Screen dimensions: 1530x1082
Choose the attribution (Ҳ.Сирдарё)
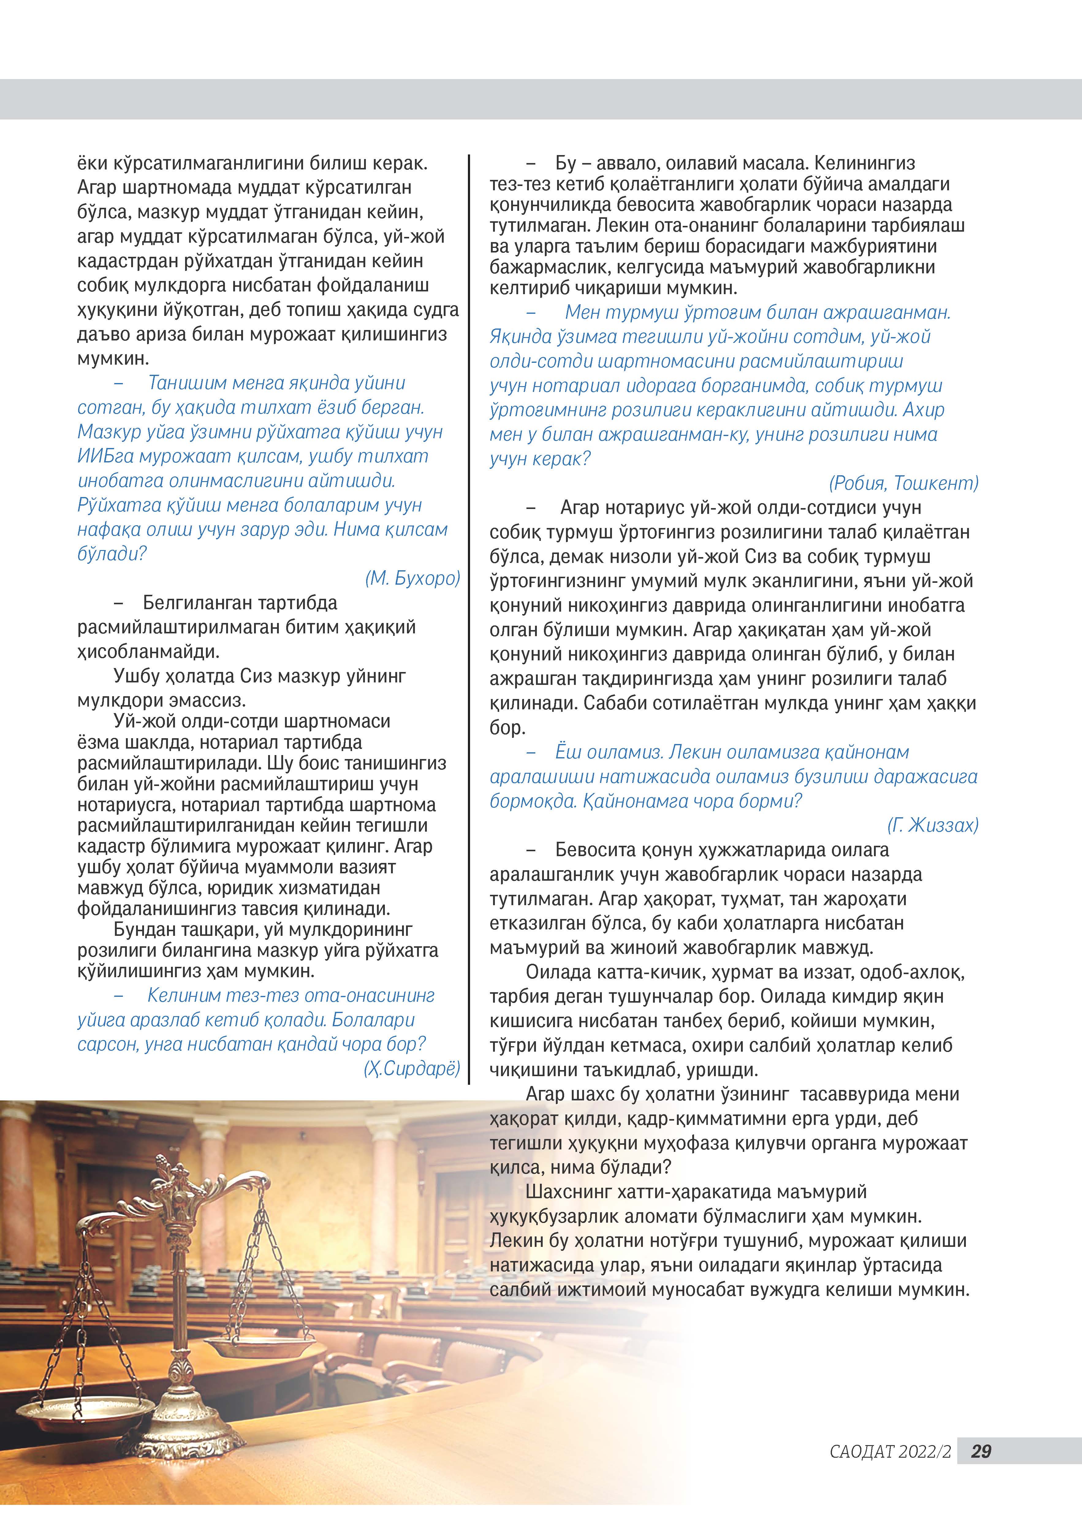point(412,1069)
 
